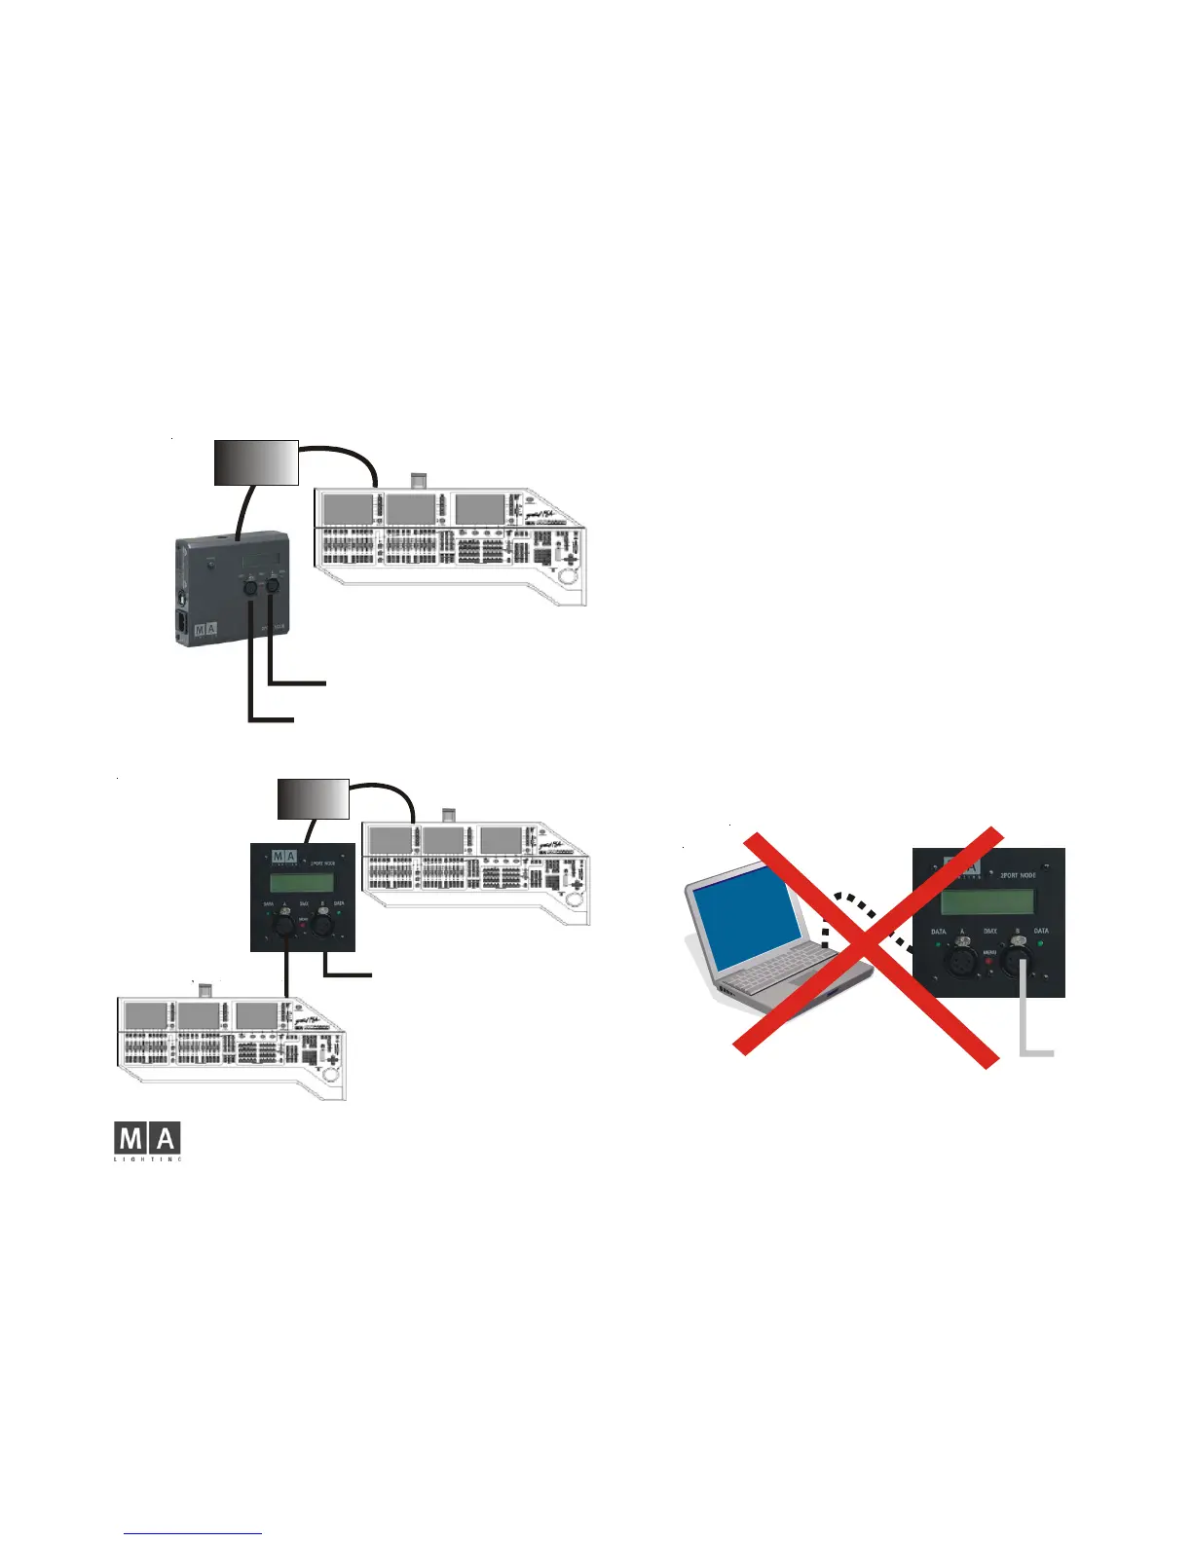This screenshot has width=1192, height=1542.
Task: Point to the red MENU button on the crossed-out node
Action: click(x=989, y=962)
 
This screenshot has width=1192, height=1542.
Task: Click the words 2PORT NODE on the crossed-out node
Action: click(x=1018, y=875)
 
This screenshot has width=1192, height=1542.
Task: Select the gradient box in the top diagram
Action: click(x=255, y=462)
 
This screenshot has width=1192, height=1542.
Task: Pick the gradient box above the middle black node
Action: click(x=314, y=798)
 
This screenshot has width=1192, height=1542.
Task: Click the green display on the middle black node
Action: click(x=302, y=883)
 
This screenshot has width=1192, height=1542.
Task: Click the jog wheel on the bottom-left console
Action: click(x=330, y=1074)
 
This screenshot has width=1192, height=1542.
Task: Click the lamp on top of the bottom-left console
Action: click(x=205, y=991)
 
